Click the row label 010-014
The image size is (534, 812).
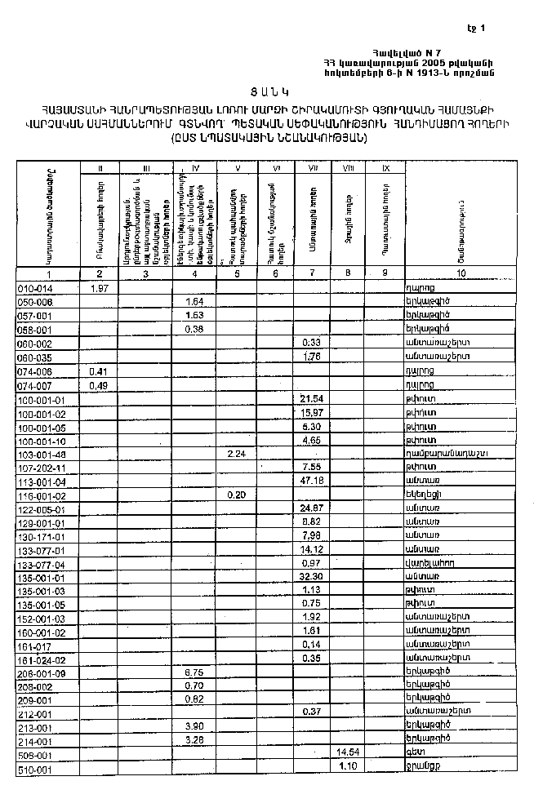tap(35, 288)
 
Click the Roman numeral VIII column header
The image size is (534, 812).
tap(349, 168)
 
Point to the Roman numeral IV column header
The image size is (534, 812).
tap(195, 168)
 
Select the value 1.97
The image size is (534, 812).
tap(100, 288)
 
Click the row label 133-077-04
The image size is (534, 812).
tap(41, 564)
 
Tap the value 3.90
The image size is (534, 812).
tap(194, 726)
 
